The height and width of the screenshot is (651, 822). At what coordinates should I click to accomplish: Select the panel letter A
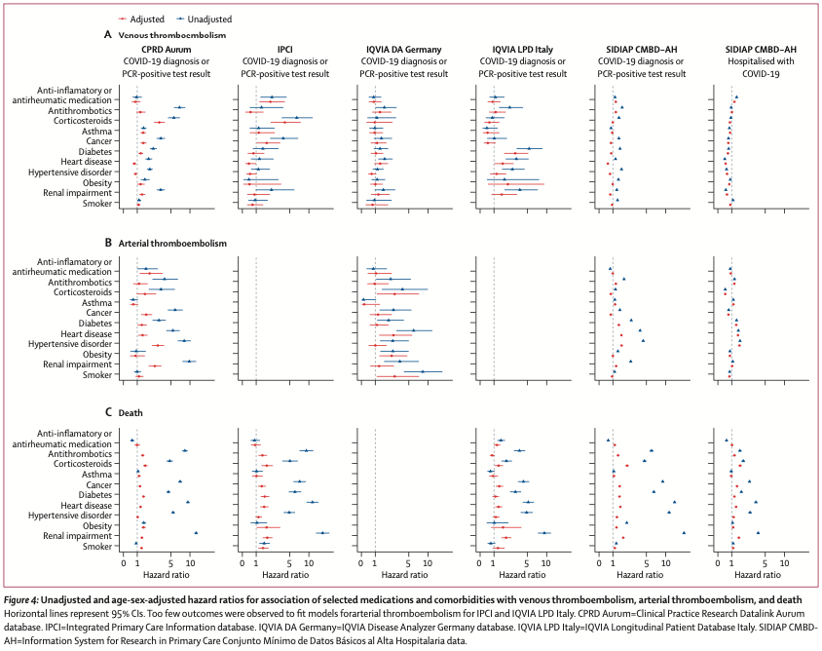(107, 34)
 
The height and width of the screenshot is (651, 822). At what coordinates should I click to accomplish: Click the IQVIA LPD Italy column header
(523, 49)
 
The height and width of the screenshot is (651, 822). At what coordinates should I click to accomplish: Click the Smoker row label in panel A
(96, 204)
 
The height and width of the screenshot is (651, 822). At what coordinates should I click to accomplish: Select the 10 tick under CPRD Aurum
(191, 564)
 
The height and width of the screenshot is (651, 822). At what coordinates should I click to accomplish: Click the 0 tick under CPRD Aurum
(124, 564)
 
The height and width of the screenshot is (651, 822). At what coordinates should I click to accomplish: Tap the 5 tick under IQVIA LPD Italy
(525, 564)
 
